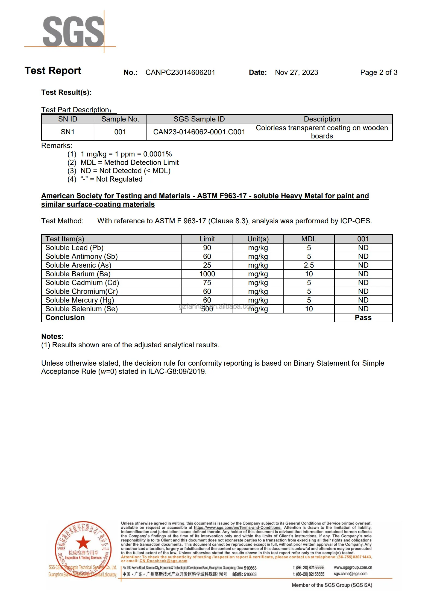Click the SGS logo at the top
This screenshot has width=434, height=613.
click(x=73, y=31)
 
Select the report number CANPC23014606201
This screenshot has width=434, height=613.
click(x=180, y=72)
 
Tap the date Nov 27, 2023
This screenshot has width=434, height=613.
click(x=296, y=72)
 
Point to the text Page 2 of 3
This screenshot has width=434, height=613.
click(x=379, y=72)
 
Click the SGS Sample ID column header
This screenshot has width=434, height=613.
click(x=199, y=119)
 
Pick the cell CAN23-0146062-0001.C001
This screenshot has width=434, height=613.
click(x=199, y=132)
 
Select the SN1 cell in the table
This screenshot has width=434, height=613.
click(x=68, y=132)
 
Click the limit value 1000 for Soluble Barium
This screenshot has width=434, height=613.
click(x=207, y=274)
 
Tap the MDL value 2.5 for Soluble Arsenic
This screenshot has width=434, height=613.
click(x=309, y=265)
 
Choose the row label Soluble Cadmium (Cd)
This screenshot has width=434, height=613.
click(x=82, y=283)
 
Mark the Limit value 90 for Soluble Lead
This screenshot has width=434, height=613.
click(x=207, y=248)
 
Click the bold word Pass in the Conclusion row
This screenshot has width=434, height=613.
click(x=363, y=318)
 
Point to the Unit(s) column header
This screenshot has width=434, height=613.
click(x=258, y=239)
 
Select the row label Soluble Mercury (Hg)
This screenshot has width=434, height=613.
click(x=80, y=300)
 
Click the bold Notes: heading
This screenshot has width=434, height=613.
click(x=52, y=336)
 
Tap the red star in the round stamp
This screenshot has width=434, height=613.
click(x=83, y=542)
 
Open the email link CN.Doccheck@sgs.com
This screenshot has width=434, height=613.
click(x=163, y=561)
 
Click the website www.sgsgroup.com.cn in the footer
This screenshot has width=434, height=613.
click(x=353, y=567)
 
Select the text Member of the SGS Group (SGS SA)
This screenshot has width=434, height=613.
click(x=332, y=585)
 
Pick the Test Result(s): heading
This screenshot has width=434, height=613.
click(x=66, y=92)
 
